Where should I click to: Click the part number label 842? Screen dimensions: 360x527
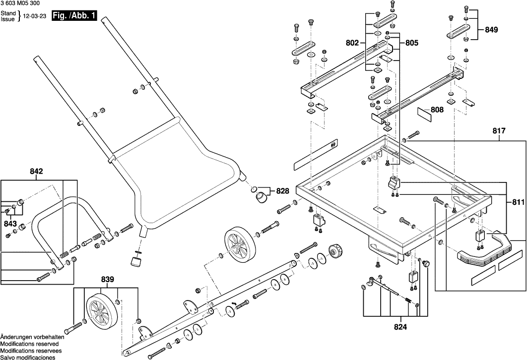pos(36,171)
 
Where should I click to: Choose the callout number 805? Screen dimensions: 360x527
pos(412,44)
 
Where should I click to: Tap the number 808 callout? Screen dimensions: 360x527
pos(437,110)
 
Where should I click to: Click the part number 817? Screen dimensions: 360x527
pos(499,131)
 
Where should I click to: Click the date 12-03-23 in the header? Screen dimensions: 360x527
pos(35,16)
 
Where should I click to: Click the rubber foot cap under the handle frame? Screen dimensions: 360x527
pos(135,262)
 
